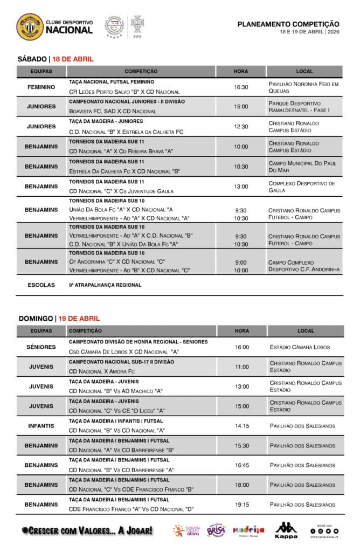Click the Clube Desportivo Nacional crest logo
pos(30,27)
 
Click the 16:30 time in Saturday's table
pos(241,87)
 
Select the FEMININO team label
pos(41,87)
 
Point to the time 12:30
pos(241,127)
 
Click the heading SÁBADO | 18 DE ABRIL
pos(56,59)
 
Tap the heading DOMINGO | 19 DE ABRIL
pos(59,319)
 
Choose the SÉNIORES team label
pos(41,347)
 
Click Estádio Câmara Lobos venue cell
pos(300,347)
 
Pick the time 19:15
pos(241,505)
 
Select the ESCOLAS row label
pos(41,285)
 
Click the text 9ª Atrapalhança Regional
pos(105,285)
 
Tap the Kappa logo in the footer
pos(286,530)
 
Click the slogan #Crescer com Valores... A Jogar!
pos(87,530)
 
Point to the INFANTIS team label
pos(41,426)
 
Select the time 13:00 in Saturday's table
pos(241,187)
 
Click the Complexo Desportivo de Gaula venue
pos(302,187)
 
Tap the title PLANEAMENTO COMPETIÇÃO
pos(288,24)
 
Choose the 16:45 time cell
pos(241,465)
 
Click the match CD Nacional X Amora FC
pos(102,371)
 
